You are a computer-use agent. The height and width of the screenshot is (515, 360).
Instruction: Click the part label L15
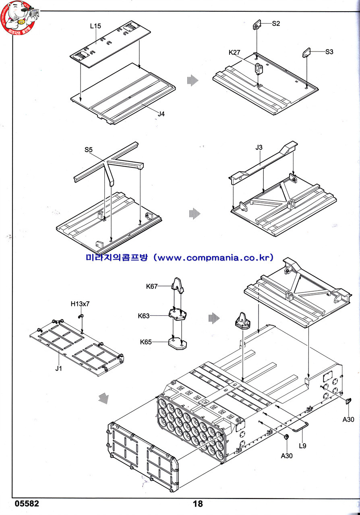pyautogui.click(x=95, y=26)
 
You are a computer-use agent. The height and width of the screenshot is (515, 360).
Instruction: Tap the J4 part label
pyautogui.click(x=161, y=114)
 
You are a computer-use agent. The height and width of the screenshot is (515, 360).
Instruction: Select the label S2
pyautogui.click(x=276, y=23)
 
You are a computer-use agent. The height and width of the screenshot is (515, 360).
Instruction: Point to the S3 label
pyautogui.click(x=329, y=51)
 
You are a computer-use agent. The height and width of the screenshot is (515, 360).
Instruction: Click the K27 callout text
pyautogui.click(x=235, y=52)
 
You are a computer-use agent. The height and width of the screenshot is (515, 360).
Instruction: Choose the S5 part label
pyautogui.click(x=89, y=150)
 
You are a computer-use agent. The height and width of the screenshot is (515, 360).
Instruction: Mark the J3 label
pyautogui.click(x=259, y=147)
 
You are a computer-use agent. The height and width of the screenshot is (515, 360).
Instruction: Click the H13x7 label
pyautogui.click(x=80, y=304)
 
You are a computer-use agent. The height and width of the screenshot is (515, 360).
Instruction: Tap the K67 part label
pyautogui.click(x=152, y=286)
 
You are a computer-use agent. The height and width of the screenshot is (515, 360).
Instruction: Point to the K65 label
pyautogui.click(x=146, y=342)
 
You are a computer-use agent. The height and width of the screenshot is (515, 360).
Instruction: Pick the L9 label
pyautogui.click(x=303, y=445)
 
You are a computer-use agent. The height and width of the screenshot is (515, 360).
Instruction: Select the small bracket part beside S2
pyautogui.click(x=258, y=26)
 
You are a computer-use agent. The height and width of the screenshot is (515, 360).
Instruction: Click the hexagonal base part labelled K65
pyautogui.click(x=177, y=344)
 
